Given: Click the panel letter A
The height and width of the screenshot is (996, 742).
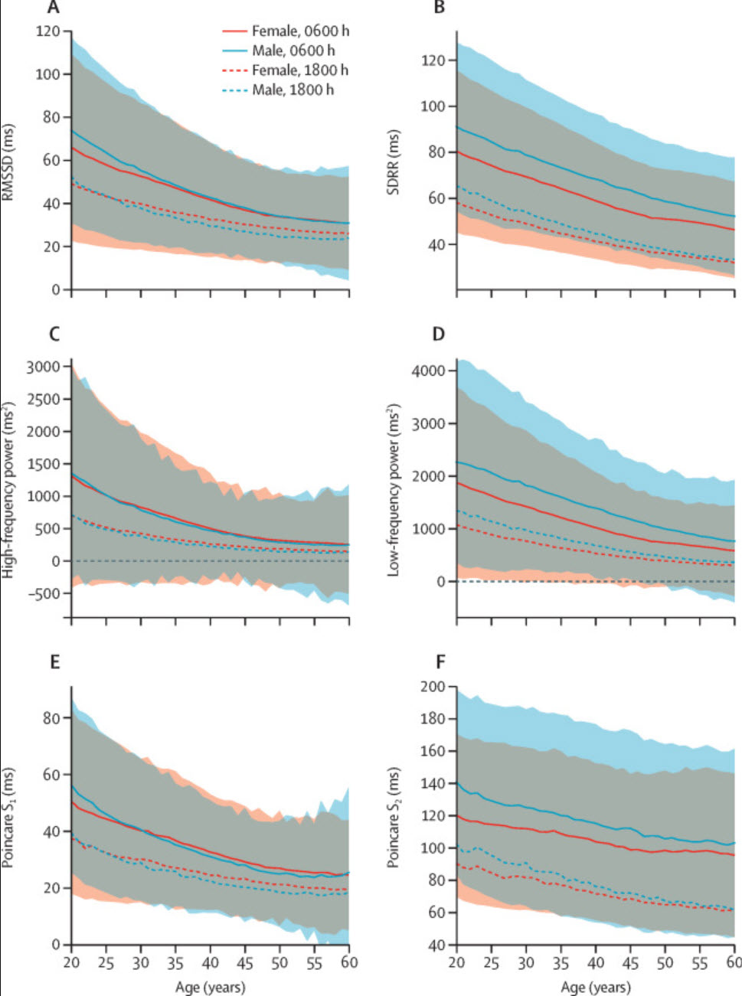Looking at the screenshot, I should click(x=53, y=8).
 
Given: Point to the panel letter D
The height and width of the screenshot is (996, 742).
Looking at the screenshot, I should click(x=439, y=334).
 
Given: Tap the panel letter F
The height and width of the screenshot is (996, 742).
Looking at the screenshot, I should click(x=440, y=661).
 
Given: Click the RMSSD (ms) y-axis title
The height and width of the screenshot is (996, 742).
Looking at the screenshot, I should click(x=8, y=162).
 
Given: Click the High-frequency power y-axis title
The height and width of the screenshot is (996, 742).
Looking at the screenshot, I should click(x=8, y=489).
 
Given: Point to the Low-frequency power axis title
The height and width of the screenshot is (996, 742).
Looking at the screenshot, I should click(x=394, y=489).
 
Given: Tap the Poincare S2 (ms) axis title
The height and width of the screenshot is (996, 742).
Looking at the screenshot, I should click(x=394, y=817).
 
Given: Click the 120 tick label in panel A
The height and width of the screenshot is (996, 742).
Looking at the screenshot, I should click(x=47, y=31).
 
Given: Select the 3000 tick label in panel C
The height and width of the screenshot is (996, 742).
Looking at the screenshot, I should click(x=43, y=367).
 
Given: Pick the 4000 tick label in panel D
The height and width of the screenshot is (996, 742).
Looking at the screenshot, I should click(x=429, y=371).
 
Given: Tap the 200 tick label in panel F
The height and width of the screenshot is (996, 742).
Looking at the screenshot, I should click(x=433, y=687).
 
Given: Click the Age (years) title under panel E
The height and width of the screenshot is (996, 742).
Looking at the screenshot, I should click(x=210, y=987).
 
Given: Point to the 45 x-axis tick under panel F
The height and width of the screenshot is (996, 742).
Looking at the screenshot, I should click(x=629, y=963).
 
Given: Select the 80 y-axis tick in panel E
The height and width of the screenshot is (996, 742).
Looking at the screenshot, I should click(x=52, y=718).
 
